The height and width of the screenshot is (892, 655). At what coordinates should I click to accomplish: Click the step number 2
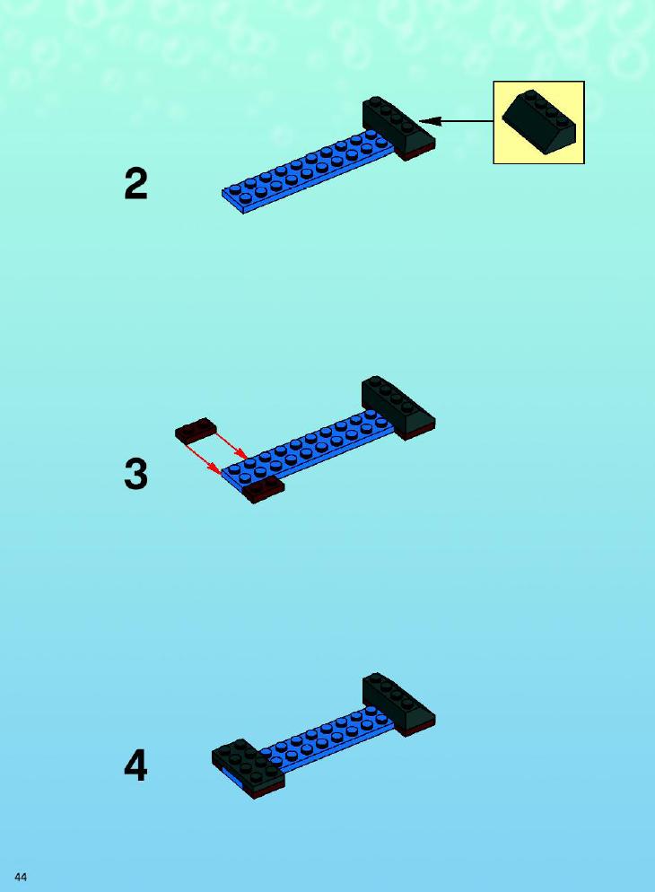pos(135,184)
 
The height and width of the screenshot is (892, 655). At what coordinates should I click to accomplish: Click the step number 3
pos(135,475)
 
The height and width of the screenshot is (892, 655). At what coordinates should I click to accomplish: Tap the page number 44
pos(21,877)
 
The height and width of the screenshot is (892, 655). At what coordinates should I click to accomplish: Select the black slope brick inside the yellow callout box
pos(538,122)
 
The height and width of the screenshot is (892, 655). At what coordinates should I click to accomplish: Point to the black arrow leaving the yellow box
pos(456,120)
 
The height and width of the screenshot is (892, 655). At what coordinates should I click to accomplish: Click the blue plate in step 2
pos(307,171)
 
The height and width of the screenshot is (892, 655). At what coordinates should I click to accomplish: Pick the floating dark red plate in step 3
pos(196,431)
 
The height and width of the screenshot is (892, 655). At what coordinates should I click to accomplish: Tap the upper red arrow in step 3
pos(231,445)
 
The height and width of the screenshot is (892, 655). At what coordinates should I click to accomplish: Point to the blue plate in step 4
pos(327,739)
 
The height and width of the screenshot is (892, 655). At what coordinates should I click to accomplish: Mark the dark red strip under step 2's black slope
pos(420,153)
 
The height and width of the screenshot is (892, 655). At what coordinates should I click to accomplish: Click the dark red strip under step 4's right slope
pos(420,730)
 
